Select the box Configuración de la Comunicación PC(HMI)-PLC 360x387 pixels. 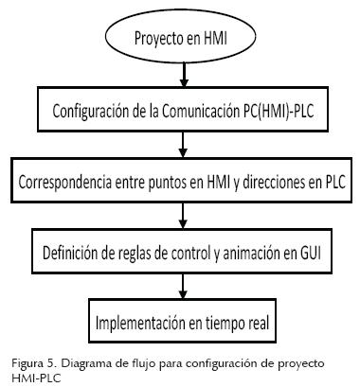(181, 112)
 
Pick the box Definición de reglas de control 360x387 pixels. (181, 252)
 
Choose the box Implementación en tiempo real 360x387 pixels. (182, 322)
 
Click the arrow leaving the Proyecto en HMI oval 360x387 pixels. (181, 76)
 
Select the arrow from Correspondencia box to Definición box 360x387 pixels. (181, 216)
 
